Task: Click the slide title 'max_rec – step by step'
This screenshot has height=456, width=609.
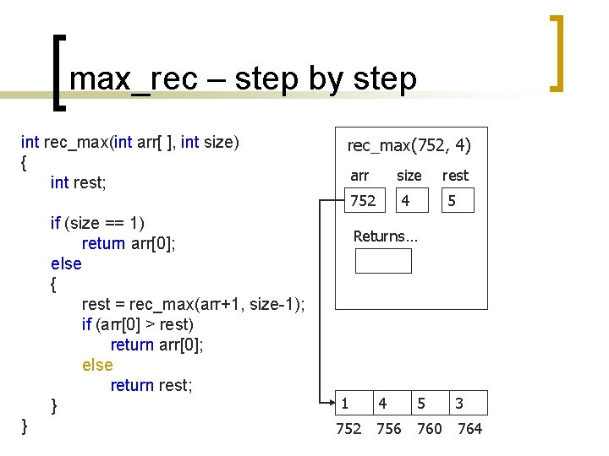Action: pos(243,79)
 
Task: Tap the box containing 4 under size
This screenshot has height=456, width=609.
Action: pos(411,200)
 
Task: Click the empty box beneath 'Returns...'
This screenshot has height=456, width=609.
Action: pos(383,261)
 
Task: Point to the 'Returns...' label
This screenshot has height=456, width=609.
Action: pos(385,236)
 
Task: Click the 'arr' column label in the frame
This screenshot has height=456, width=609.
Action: pos(359,176)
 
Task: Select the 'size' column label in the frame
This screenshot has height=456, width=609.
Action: pos(409,176)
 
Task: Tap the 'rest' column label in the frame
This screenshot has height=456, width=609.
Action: pos(455,176)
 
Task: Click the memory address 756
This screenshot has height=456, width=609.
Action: pos(388,429)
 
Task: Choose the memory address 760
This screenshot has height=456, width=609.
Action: pos(430,429)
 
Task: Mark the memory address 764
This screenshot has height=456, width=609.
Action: pos(469,429)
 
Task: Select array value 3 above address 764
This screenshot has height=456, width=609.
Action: pos(458,404)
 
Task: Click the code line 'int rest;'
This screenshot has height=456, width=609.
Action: pos(78,182)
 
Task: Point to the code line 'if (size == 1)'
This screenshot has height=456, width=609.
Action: pos(97,223)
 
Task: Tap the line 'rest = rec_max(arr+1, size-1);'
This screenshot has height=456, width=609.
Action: pos(194,304)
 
